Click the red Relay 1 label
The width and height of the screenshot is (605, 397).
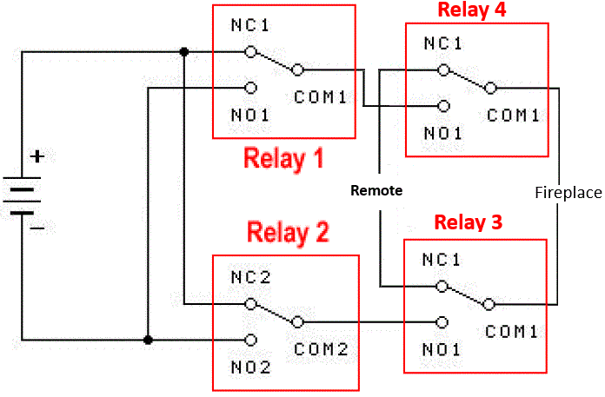pyautogui.click(x=283, y=159)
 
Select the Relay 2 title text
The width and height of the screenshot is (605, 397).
pyautogui.click(x=288, y=233)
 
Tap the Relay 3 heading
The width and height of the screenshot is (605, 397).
pyautogui.click(x=468, y=222)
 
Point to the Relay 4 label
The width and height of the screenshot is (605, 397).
pyautogui.click(x=472, y=10)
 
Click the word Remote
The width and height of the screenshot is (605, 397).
pyautogui.click(x=376, y=189)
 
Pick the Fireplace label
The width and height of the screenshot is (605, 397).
pyautogui.click(x=568, y=193)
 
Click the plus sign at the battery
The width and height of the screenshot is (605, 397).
pyautogui.click(x=37, y=157)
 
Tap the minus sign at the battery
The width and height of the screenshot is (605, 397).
pyautogui.click(x=37, y=228)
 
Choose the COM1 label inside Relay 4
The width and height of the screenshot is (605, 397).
pyautogui.click(x=513, y=114)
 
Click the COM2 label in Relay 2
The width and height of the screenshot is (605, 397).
pyautogui.click(x=321, y=349)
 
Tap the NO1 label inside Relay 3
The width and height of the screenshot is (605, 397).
pyautogui.click(x=441, y=349)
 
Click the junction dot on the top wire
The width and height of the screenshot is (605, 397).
pyautogui.click(x=183, y=52)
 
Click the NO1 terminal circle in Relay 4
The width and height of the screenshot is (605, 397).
pyautogui.click(x=443, y=106)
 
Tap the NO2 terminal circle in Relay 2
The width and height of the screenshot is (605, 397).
pyautogui.click(x=250, y=339)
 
